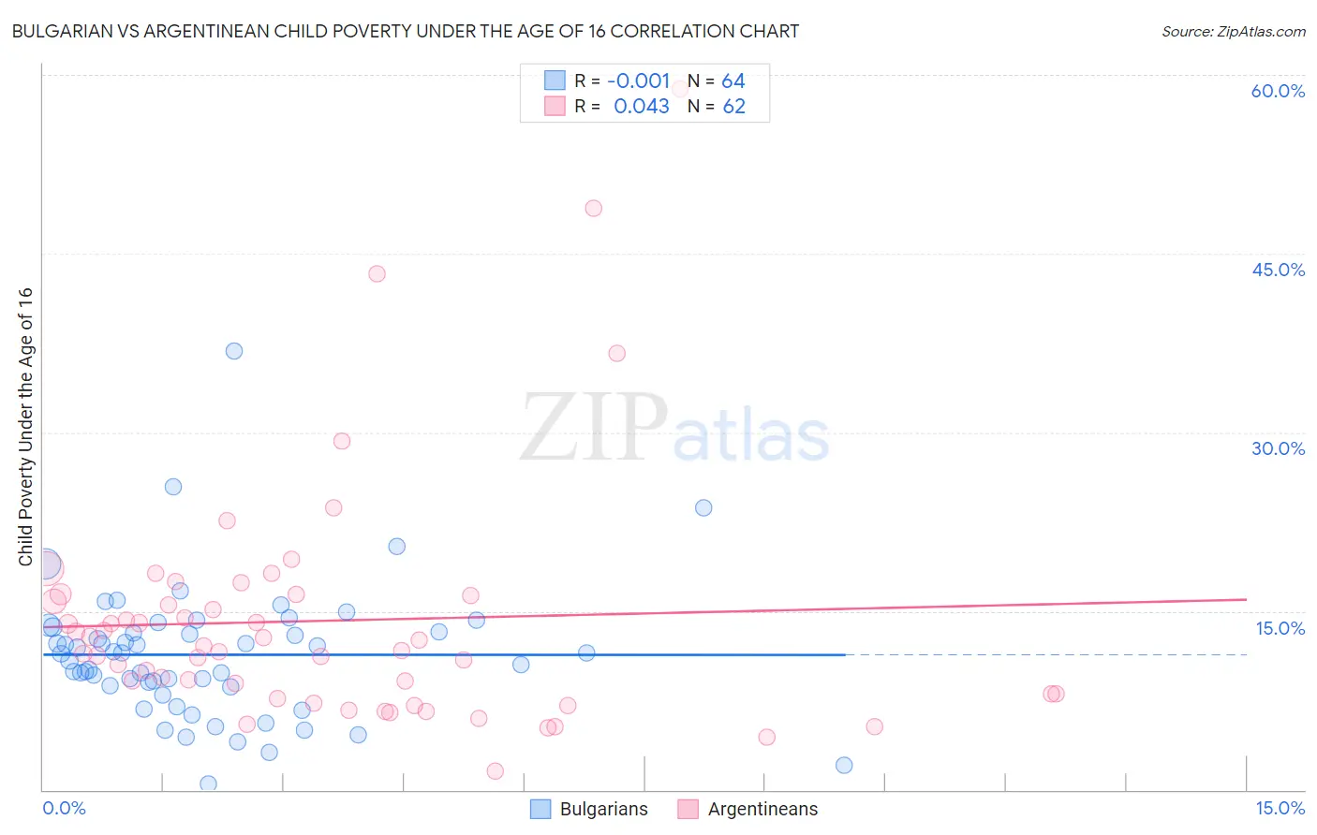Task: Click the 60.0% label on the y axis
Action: [x=1278, y=91]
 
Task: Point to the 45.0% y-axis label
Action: [x=1278, y=270]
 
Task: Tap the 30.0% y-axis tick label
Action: [x=1278, y=448]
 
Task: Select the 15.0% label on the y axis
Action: [x=1280, y=628]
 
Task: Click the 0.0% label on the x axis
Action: [x=64, y=808]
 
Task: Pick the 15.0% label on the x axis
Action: [x=1280, y=808]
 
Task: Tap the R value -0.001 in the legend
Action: [x=639, y=81]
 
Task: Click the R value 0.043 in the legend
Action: [x=642, y=107]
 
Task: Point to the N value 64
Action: [x=733, y=81]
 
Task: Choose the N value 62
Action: [x=733, y=107]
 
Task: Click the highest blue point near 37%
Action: [x=234, y=351]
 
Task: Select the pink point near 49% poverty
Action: [x=593, y=209]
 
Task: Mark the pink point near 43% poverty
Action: [x=377, y=274]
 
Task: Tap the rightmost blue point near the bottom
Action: [x=844, y=765]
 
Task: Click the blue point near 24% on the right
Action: [x=703, y=507]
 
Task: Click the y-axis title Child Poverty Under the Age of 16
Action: [x=26, y=426]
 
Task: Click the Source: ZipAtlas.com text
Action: [x=1233, y=32]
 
